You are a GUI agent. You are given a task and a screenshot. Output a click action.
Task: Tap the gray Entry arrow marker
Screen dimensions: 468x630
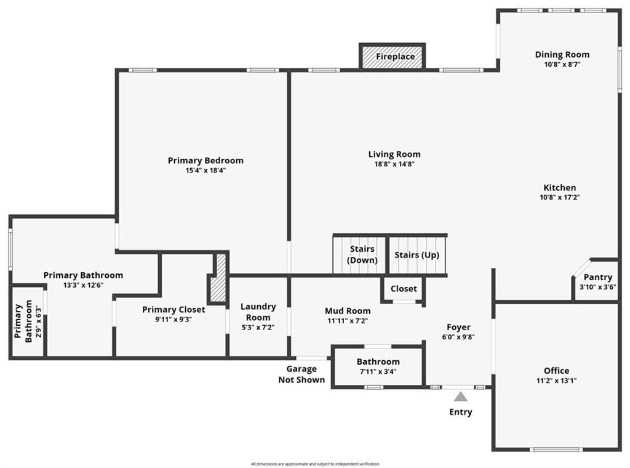click(461, 397)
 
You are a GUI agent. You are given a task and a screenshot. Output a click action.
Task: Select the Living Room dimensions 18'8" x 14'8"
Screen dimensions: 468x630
click(394, 164)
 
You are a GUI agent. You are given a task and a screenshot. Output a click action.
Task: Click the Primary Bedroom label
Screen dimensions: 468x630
click(205, 160)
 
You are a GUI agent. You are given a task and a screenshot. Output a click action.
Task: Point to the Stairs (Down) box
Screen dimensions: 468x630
click(362, 254)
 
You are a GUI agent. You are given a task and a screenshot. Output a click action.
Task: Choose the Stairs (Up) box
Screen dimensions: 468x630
click(417, 254)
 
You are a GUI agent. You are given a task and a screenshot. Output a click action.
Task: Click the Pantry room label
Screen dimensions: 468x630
click(597, 277)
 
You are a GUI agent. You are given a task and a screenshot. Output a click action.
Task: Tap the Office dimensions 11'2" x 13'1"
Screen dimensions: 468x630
click(556, 381)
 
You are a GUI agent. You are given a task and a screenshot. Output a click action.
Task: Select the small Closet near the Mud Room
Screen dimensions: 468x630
click(404, 288)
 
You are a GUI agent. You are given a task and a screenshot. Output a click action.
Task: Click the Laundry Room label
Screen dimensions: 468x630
click(258, 312)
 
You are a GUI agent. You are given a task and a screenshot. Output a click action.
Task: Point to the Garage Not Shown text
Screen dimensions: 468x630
click(301, 374)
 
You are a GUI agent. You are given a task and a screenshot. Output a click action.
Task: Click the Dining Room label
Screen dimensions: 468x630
click(562, 54)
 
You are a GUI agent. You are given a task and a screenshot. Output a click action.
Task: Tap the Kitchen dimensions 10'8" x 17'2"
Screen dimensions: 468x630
click(559, 198)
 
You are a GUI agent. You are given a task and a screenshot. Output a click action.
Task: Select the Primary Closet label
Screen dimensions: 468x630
click(173, 309)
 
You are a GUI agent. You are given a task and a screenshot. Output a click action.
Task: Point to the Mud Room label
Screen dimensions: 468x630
click(348, 310)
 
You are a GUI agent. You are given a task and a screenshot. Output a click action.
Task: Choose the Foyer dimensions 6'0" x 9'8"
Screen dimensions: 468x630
click(458, 337)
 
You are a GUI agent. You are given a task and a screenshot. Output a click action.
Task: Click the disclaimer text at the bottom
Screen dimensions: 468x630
click(315, 464)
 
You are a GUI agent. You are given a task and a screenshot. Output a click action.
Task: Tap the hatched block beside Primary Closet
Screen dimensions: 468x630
click(219, 278)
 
